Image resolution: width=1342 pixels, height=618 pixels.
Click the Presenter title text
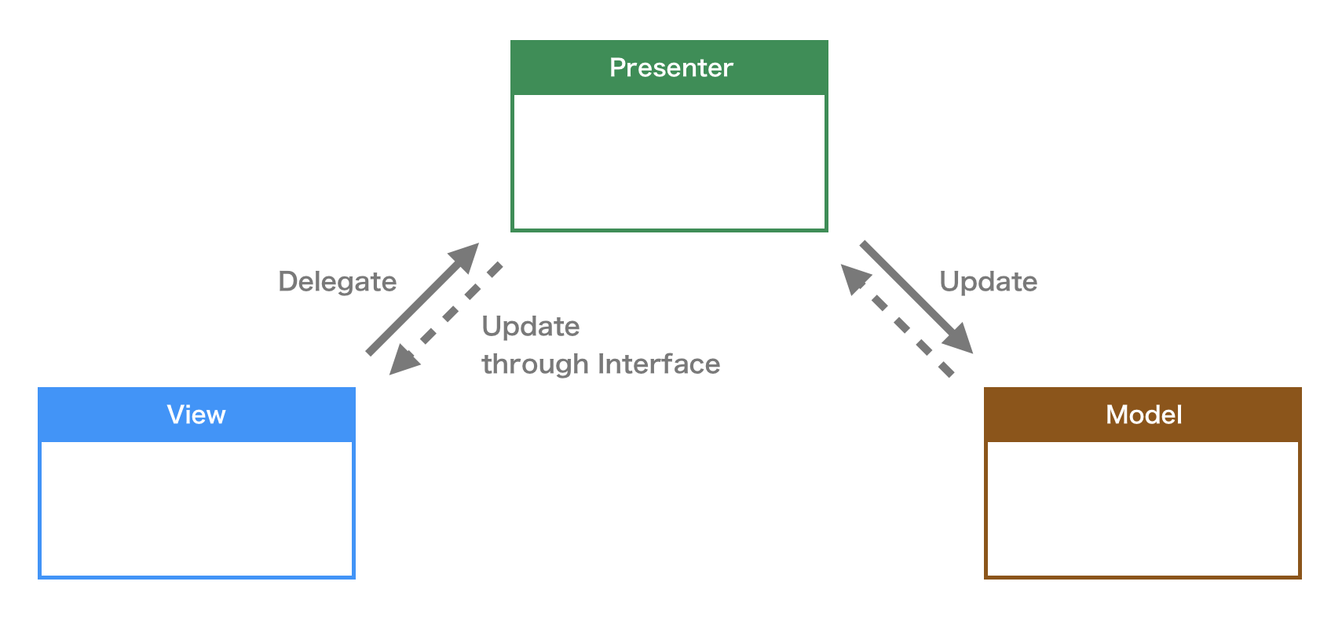pos(671,68)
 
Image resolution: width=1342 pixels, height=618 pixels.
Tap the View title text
pos(196,415)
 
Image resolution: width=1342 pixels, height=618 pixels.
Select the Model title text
pos(1143,415)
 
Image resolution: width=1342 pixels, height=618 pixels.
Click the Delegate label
pos(338,281)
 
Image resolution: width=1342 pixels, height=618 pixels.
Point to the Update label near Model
pos(988,281)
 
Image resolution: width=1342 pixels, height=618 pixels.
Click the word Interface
pos(658,364)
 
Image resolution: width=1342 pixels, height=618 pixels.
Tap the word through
pos(536,364)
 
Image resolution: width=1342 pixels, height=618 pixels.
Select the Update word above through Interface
pos(531,326)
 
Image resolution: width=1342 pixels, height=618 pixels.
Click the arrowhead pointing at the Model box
pos(960,341)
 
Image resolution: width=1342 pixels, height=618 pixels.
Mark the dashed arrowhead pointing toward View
pos(404,360)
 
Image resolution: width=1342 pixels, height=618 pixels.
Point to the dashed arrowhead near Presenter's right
pos(854,277)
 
